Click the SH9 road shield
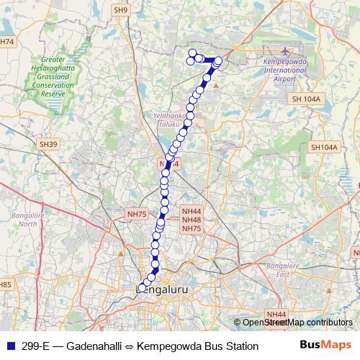[120, 9]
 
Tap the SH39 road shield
[48, 144]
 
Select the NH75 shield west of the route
[137, 214]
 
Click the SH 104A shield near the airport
[305, 99]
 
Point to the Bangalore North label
[28, 219]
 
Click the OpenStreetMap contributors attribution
[297, 323]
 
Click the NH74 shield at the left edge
[6, 42]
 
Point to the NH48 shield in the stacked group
[192, 220]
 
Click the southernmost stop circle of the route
[142, 289]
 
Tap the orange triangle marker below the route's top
[215, 85]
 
